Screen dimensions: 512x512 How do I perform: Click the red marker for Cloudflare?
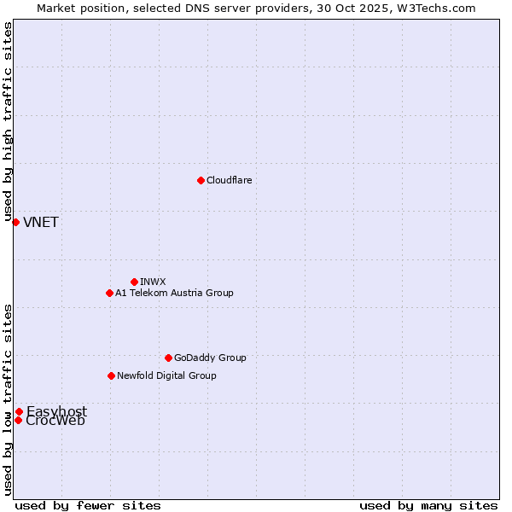pos(201,180)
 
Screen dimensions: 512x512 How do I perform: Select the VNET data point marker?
pos(15,222)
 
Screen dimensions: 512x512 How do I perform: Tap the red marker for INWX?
pos(134,282)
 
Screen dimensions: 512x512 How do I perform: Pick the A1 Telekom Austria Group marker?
pos(109,293)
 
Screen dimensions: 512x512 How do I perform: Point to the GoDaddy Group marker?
pos(168,358)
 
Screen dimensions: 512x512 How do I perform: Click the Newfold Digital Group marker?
pos(111,375)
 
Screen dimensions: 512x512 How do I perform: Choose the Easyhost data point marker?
pos(19,411)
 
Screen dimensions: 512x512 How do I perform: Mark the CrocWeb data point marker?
pos(18,420)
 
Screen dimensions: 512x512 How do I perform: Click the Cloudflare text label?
pos(229,180)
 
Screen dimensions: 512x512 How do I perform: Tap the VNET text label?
pos(41,223)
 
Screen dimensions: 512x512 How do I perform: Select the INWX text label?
pos(153,282)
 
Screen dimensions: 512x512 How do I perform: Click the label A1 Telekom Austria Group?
pos(174,293)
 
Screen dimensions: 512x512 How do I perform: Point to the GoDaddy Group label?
pos(210,358)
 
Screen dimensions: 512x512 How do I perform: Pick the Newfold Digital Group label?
pos(166,375)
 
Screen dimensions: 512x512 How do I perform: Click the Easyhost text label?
pos(56,411)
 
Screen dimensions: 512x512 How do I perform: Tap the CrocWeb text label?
pos(55,421)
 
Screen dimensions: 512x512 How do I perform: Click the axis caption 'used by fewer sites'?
pos(88,505)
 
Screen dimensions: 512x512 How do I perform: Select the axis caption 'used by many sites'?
pos(428,505)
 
